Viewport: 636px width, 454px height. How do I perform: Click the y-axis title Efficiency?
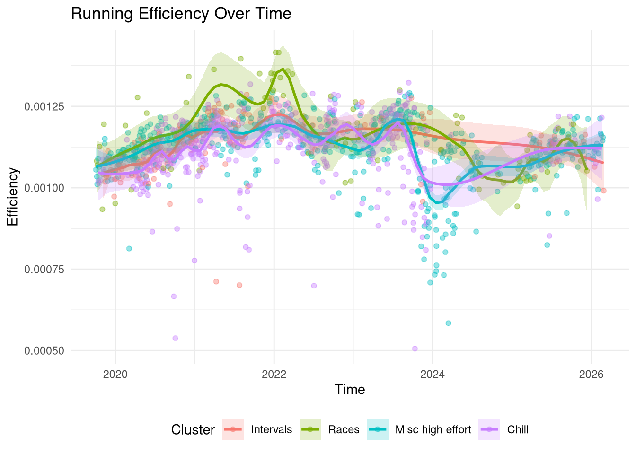point(12,197)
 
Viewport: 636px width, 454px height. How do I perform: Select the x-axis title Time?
point(350,390)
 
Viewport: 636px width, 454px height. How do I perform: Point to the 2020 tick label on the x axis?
point(115,374)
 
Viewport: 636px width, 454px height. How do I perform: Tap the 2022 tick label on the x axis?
point(274,374)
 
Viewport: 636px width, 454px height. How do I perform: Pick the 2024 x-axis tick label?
point(433,374)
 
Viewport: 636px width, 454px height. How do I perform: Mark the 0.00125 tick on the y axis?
point(44,106)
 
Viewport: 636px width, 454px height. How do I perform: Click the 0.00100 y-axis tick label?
point(44,188)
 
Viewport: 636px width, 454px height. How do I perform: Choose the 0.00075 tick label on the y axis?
point(44,270)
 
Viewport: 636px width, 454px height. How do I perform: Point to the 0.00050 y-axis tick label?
point(44,351)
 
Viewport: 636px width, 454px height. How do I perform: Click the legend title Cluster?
point(193,430)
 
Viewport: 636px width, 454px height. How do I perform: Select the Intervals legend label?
point(271,430)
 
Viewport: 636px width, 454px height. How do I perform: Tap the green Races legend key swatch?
point(310,430)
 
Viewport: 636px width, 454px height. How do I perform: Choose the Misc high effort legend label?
point(433,430)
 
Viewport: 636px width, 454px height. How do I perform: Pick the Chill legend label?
point(518,430)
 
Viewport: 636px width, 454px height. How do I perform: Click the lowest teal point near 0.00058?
point(448,323)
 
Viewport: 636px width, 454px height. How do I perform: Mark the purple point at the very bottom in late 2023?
point(415,349)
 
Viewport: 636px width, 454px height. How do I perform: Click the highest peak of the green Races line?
point(283,69)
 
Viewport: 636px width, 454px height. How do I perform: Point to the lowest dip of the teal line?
point(438,202)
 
